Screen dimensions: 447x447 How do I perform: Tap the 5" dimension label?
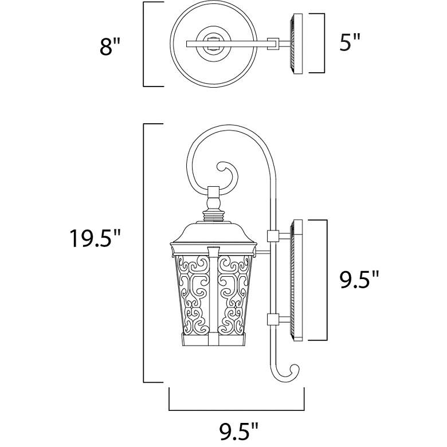tap(350, 42)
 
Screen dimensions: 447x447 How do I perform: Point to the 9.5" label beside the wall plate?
tap(359, 280)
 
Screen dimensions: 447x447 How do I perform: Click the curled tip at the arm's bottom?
tap(288, 372)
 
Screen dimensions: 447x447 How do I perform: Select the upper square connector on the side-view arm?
tap(272, 236)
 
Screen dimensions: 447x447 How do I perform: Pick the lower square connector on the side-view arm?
tap(272, 320)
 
